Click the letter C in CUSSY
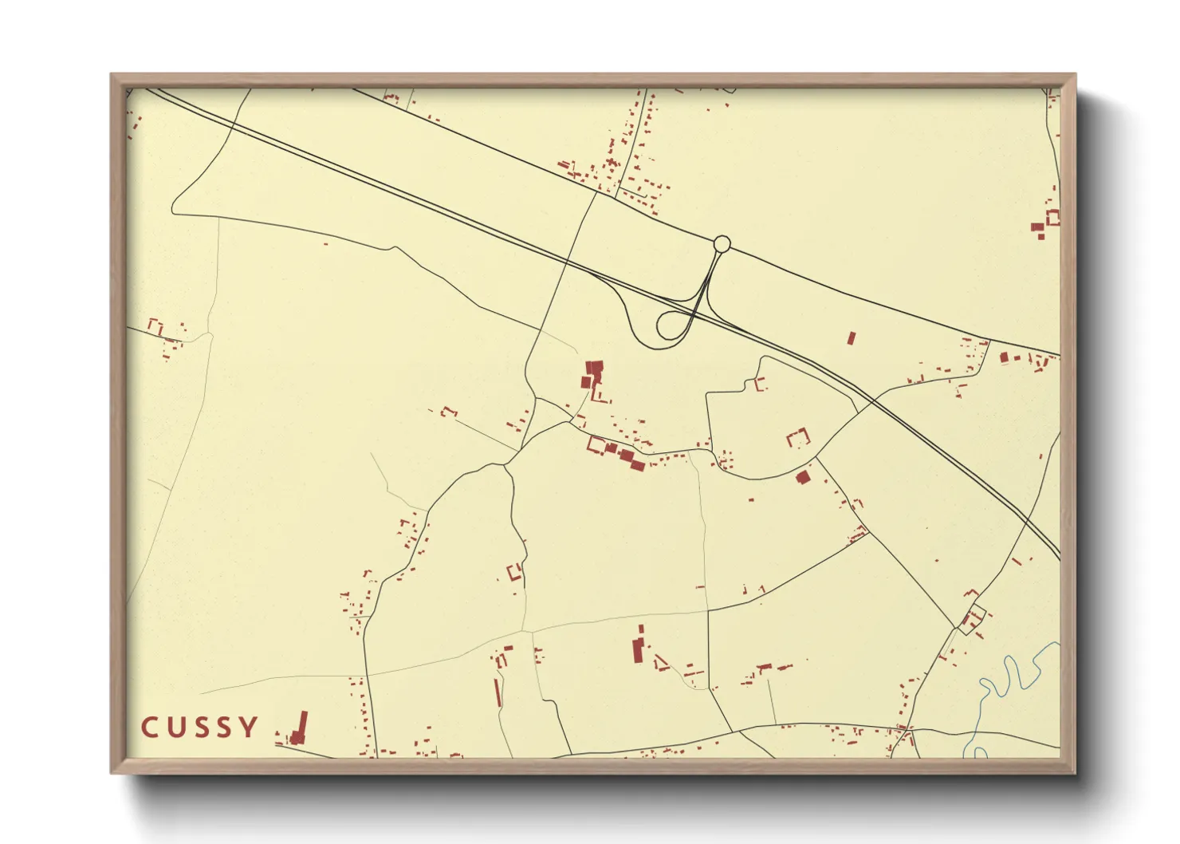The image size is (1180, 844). [148, 728]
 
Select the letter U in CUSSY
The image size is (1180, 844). [175, 728]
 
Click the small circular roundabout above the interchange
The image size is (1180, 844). [722, 243]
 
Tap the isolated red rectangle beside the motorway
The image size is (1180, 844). [851, 337]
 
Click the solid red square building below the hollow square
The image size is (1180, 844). [803, 477]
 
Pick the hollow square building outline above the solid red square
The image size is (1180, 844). [798, 438]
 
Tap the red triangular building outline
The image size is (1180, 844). [661, 663]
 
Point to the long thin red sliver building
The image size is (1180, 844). [498, 691]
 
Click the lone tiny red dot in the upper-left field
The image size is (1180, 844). [325, 244]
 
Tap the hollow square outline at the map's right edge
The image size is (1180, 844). [1052, 217]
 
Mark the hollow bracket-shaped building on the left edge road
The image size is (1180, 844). [155, 326]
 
